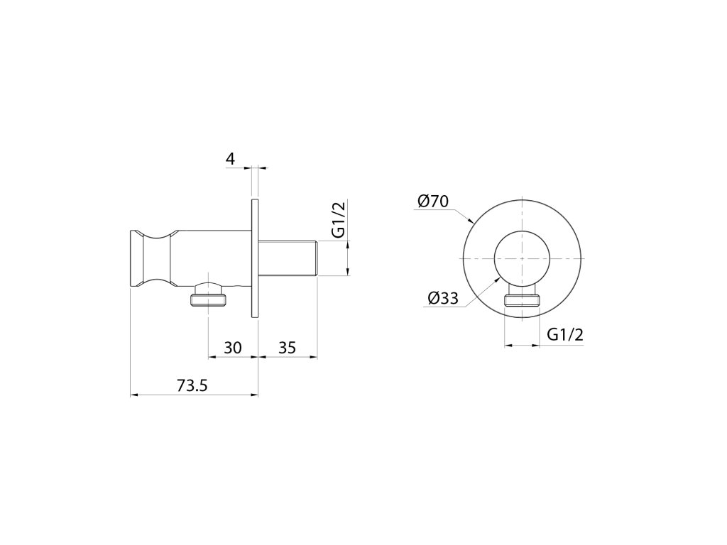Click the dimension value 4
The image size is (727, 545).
[x=231, y=159]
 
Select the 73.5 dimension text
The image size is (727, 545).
[x=192, y=385]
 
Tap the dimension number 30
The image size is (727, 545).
[x=233, y=348]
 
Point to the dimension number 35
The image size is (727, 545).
[x=287, y=348]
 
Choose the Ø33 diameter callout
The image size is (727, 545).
[x=443, y=299]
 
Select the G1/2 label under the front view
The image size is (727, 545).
[x=566, y=334]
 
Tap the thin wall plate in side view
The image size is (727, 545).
[x=255, y=258]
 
